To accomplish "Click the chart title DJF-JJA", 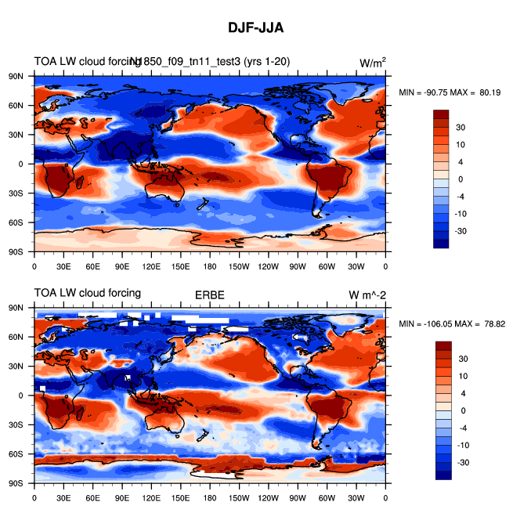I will (256, 27).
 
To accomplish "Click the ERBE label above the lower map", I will (209, 294).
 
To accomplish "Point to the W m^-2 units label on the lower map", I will (368, 294).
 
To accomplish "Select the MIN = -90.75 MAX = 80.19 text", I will (448, 92).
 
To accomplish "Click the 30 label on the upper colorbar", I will (461, 127).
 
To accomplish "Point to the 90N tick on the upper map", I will (16, 76).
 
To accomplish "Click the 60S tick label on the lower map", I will (16, 454).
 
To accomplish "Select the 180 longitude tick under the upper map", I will (210, 266).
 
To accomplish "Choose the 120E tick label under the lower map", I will (151, 497).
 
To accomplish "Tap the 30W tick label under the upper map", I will (356, 266).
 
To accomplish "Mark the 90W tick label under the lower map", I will (298, 497).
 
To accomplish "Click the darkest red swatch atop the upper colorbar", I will (442, 114).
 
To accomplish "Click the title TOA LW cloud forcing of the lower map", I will (87, 294).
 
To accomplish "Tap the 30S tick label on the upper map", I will (16, 193).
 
